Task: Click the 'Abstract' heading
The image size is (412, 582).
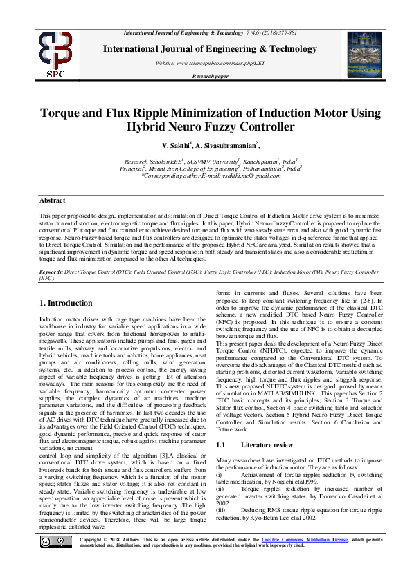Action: pyautogui.click(x=53, y=200)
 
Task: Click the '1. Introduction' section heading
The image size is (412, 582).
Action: pyautogui.click(x=66, y=303)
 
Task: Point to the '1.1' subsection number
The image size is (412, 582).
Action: pyautogui.click(x=222, y=426)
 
